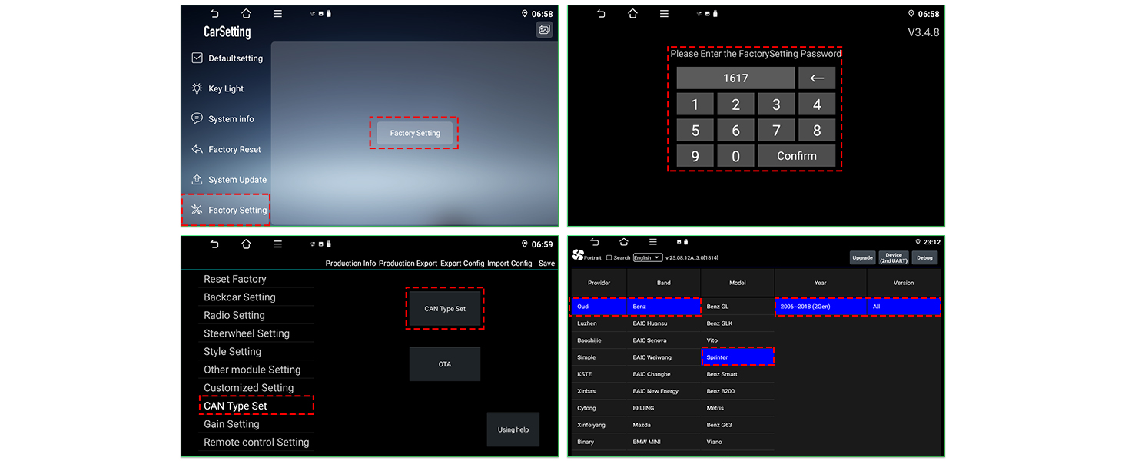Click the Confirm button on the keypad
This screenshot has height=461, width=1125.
point(797,156)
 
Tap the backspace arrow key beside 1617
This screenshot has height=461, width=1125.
point(817,78)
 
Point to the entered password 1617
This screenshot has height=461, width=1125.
point(735,78)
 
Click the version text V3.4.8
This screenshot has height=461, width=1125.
point(923,32)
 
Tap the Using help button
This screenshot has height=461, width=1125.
point(513,429)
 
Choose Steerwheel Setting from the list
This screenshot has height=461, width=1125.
point(247,333)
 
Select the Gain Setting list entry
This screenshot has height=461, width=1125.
point(231,424)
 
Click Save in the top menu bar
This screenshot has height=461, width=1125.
point(546,263)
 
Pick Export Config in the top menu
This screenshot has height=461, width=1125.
point(462,263)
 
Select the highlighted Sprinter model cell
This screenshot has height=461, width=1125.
point(738,357)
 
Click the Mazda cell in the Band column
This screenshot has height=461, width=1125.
point(642,425)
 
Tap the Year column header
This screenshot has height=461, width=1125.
point(820,283)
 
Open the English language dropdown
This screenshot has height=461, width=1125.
point(648,257)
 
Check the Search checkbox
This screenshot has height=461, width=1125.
point(609,257)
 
